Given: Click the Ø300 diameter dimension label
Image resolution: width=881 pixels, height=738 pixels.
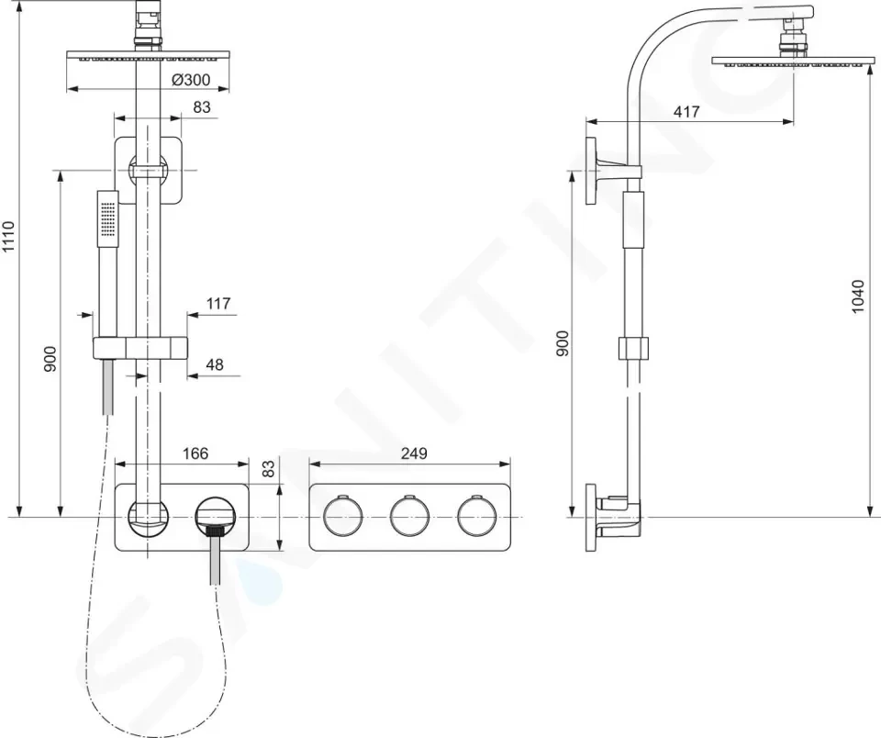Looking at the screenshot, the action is [191, 80].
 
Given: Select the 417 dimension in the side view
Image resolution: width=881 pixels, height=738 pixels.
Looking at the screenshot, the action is [686, 112].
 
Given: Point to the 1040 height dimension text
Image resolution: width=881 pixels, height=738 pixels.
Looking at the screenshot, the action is [857, 296].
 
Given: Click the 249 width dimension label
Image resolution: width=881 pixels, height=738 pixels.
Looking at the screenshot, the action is [414, 453].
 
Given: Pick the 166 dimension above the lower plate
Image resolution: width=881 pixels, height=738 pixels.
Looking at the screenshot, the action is [195, 453].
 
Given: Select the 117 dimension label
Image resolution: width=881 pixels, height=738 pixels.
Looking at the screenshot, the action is [218, 304].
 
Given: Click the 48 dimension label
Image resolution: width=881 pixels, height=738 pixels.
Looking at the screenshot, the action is [215, 364].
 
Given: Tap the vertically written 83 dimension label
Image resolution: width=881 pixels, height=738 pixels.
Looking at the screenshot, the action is [269, 469].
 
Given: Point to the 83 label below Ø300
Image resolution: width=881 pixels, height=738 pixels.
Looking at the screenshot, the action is [202, 106].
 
